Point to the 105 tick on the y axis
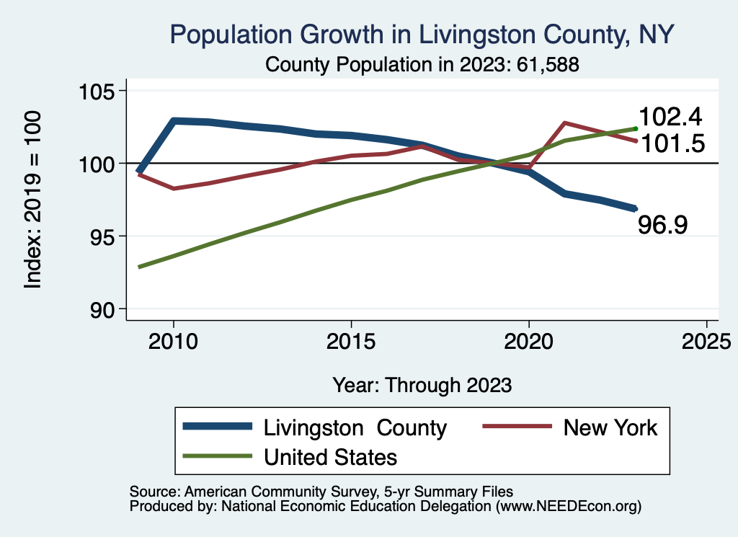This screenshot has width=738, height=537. pos(100,92)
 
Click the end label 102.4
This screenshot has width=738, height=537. pos(671,117)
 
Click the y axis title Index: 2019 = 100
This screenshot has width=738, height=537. pos(33,200)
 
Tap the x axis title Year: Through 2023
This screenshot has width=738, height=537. pos(422,385)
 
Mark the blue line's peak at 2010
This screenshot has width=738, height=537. pos(174,120)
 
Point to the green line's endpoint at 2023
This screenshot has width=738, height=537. pos(635,128)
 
